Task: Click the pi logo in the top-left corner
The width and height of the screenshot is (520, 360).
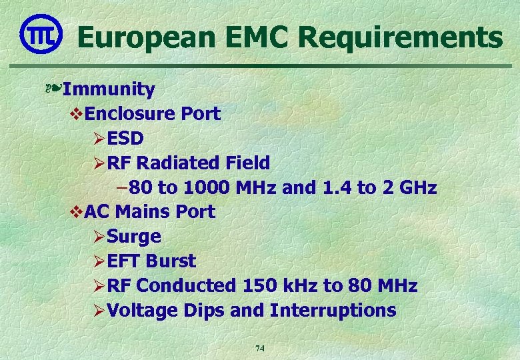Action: click(41, 33)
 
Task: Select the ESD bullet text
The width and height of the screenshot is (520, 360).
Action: click(125, 138)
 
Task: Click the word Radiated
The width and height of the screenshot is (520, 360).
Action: click(181, 163)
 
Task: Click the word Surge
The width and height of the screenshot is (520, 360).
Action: click(134, 237)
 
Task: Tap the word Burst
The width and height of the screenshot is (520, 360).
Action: click(171, 261)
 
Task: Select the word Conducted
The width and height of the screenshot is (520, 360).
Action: click(186, 286)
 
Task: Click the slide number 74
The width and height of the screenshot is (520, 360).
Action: click(260, 348)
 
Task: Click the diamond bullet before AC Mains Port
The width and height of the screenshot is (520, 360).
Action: click(75, 212)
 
